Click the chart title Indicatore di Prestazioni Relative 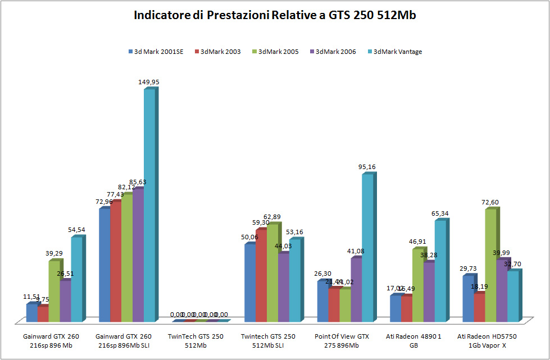pos(275,15)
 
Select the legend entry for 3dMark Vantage pos(397,52)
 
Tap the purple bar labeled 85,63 pos(138,255)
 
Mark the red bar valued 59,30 pos(261,275)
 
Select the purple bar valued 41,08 pos(356,289)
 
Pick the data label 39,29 pos(54,253)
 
